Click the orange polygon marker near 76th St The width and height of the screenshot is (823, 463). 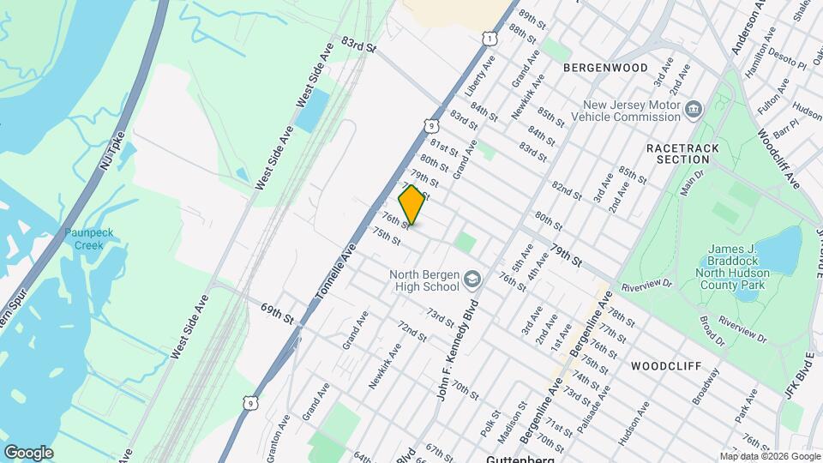[x=412, y=206]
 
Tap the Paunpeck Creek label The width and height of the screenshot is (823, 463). [x=83, y=239]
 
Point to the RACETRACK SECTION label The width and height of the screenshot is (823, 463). [x=683, y=154]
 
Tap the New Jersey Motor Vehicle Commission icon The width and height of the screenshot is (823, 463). [x=694, y=109]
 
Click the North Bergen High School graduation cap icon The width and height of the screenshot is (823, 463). [x=472, y=280]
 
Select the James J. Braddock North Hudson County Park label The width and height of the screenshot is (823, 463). [x=742, y=264]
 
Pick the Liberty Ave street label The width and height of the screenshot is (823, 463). [x=480, y=75]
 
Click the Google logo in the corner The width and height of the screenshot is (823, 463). [x=28, y=452]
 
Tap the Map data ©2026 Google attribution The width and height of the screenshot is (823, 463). [x=769, y=456]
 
